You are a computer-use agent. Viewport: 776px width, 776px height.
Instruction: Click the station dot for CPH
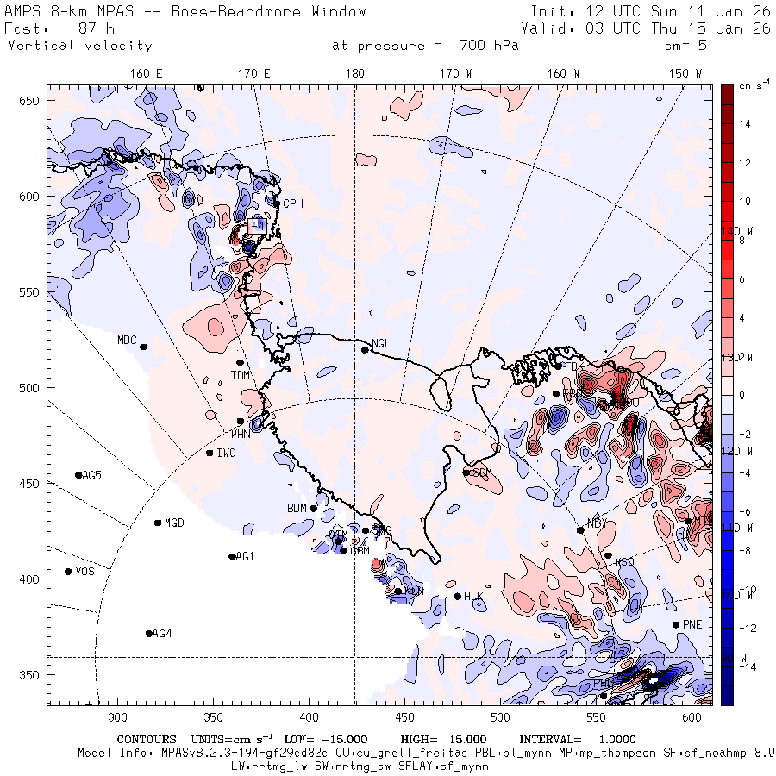277,203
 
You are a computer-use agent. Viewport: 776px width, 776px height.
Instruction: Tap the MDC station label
127,340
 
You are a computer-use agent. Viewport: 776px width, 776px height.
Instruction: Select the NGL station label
380,344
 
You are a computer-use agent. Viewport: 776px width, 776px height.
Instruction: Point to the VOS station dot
68,572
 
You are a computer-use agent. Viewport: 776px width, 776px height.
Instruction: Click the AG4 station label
161,634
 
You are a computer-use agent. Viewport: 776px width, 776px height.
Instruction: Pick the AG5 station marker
78,475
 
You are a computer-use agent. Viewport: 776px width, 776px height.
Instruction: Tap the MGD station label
174,523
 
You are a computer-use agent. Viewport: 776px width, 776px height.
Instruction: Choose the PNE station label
692,624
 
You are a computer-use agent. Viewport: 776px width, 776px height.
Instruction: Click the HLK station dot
457,596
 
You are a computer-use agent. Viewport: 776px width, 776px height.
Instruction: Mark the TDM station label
240,375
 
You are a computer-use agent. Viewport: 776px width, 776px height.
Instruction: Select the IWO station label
226,453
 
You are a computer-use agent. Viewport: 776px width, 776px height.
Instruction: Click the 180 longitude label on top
354,74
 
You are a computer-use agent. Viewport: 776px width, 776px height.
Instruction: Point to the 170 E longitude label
254,74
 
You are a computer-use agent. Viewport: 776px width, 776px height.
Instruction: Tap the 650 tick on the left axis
32,102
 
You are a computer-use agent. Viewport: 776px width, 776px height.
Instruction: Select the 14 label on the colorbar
745,124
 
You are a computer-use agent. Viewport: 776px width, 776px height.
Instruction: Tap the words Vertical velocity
79,46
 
